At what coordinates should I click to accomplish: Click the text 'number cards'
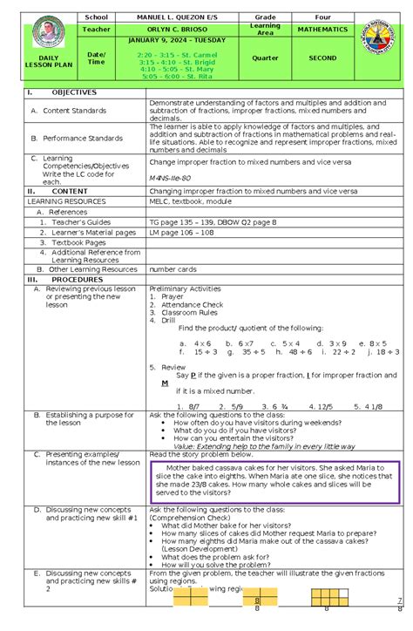(172, 269)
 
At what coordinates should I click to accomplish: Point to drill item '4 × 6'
(200, 343)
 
